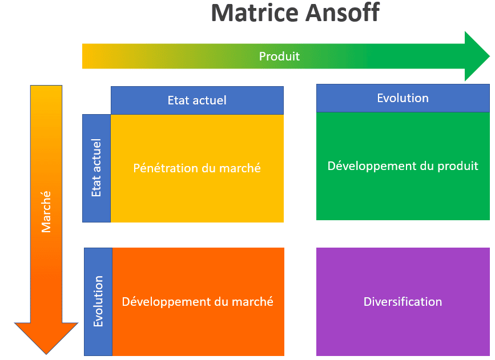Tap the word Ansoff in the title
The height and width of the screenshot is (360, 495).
tap(341, 13)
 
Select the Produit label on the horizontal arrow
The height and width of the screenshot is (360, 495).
tap(279, 56)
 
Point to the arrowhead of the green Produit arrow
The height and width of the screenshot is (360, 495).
tap(477, 56)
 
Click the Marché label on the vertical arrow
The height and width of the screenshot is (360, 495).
tap(46, 211)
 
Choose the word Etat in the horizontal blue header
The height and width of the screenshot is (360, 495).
tap(178, 100)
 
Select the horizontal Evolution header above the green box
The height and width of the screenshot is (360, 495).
tap(403, 98)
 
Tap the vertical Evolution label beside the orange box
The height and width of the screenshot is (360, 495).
tap(98, 301)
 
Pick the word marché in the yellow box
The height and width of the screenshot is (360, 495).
tap(242, 168)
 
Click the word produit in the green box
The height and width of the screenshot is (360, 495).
tap(457, 166)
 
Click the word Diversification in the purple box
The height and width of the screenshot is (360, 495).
tap(403, 302)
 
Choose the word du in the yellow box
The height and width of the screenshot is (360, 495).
tap(210, 168)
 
